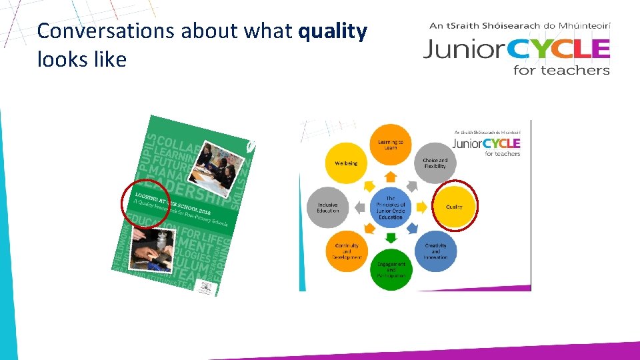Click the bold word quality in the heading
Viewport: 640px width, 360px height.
(333, 31)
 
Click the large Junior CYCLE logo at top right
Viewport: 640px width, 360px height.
(517, 49)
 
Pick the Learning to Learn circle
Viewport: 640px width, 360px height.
(391, 144)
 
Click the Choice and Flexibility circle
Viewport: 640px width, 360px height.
(435, 163)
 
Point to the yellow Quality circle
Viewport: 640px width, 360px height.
(454, 207)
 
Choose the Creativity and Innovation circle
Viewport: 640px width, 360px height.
(435, 251)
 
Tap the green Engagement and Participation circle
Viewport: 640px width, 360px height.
(391, 269)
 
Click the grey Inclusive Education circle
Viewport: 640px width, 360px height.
(328, 207)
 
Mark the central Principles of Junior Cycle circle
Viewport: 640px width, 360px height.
(391, 207)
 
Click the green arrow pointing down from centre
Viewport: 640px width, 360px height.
(391, 235)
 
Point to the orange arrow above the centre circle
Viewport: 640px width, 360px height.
(391, 177)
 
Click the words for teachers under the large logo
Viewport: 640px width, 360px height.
(561, 69)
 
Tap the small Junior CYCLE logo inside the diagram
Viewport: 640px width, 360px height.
(487, 144)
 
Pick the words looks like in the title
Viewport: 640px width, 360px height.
(82, 60)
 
